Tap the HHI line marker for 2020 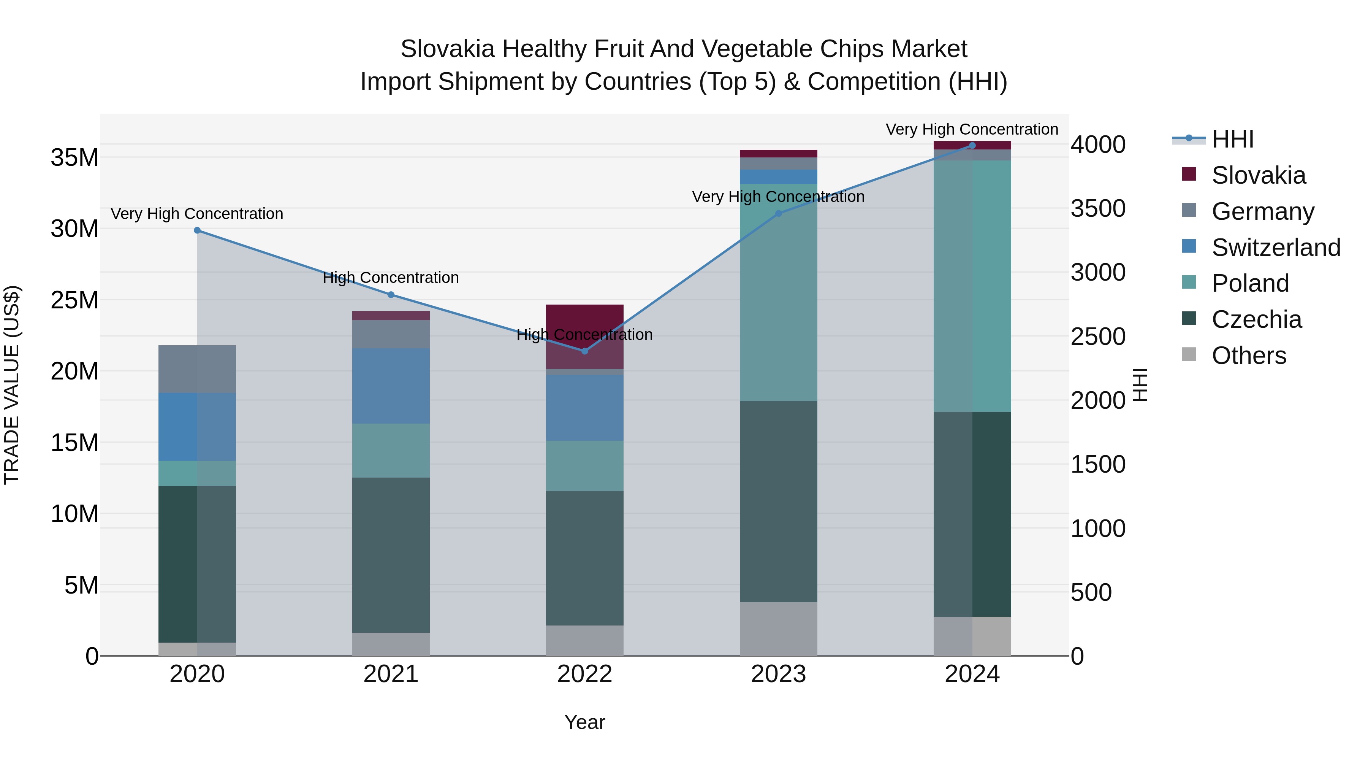(x=197, y=230)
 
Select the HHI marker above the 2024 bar (x=972, y=145)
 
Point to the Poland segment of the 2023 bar (x=779, y=292)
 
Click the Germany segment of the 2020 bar (x=197, y=369)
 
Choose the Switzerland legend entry (x=1276, y=247)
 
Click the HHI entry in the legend (x=1232, y=139)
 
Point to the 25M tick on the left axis (x=74, y=300)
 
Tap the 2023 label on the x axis (x=779, y=674)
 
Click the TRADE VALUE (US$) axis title (x=12, y=385)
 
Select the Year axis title (x=585, y=722)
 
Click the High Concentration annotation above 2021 (x=391, y=278)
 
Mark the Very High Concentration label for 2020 (x=197, y=214)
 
